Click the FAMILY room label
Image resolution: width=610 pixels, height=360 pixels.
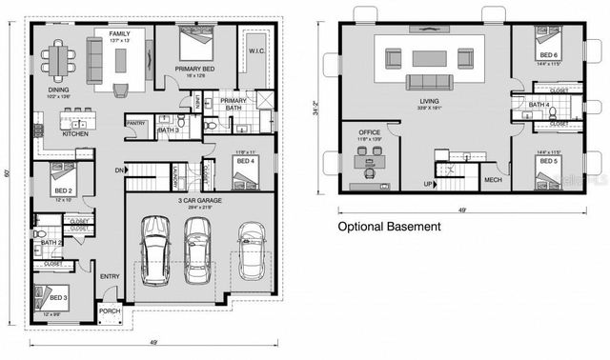(x=119, y=32)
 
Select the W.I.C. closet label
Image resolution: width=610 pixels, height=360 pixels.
(x=256, y=50)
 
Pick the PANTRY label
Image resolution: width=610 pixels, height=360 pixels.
(x=135, y=122)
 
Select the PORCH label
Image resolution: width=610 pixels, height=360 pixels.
(x=110, y=310)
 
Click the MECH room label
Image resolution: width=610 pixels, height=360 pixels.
(x=493, y=179)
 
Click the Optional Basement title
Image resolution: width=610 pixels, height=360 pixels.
(x=390, y=227)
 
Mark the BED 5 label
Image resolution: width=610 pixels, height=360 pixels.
(x=547, y=162)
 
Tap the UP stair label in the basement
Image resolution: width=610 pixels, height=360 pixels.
(x=430, y=183)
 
